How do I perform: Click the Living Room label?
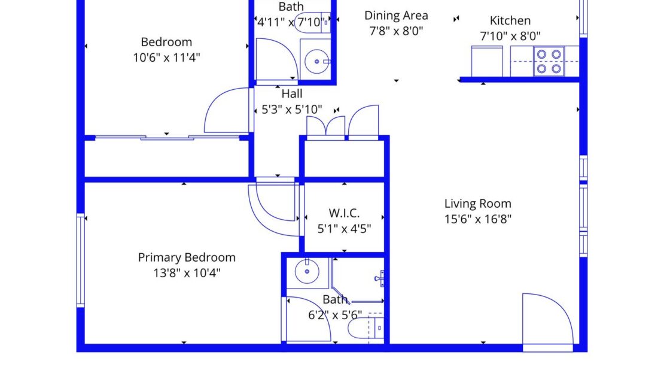coord(477,204)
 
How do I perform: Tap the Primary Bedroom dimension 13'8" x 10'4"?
coord(187,273)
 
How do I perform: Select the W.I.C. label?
coord(344,213)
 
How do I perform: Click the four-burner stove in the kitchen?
coord(549,61)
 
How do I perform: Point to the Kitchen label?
coord(510,20)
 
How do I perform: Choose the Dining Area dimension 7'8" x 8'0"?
coord(395,31)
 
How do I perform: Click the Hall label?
coord(292,93)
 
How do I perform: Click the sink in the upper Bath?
coord(316,60)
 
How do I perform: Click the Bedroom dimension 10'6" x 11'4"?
coord(166,57)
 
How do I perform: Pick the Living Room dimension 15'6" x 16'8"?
coord(477,219)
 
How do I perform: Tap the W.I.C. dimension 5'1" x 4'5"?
coord(344,228)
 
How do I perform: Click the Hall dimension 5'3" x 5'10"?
coord(292,110)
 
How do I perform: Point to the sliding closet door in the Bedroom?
coord(167,138)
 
